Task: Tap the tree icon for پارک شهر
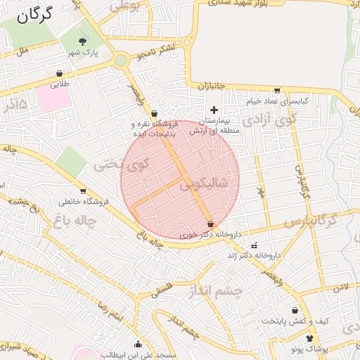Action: (x=83, y=41)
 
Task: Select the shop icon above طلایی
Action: (x=60, y=72)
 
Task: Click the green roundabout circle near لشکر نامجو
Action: (x=121, y=60)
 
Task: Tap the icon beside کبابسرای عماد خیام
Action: (x=277, y=90)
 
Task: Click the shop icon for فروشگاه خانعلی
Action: (x=83, y=191)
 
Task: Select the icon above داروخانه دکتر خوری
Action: (x=211, y=223)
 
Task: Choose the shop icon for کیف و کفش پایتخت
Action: (x=294, y=310)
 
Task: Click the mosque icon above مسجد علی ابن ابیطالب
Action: (x=138, y=344)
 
